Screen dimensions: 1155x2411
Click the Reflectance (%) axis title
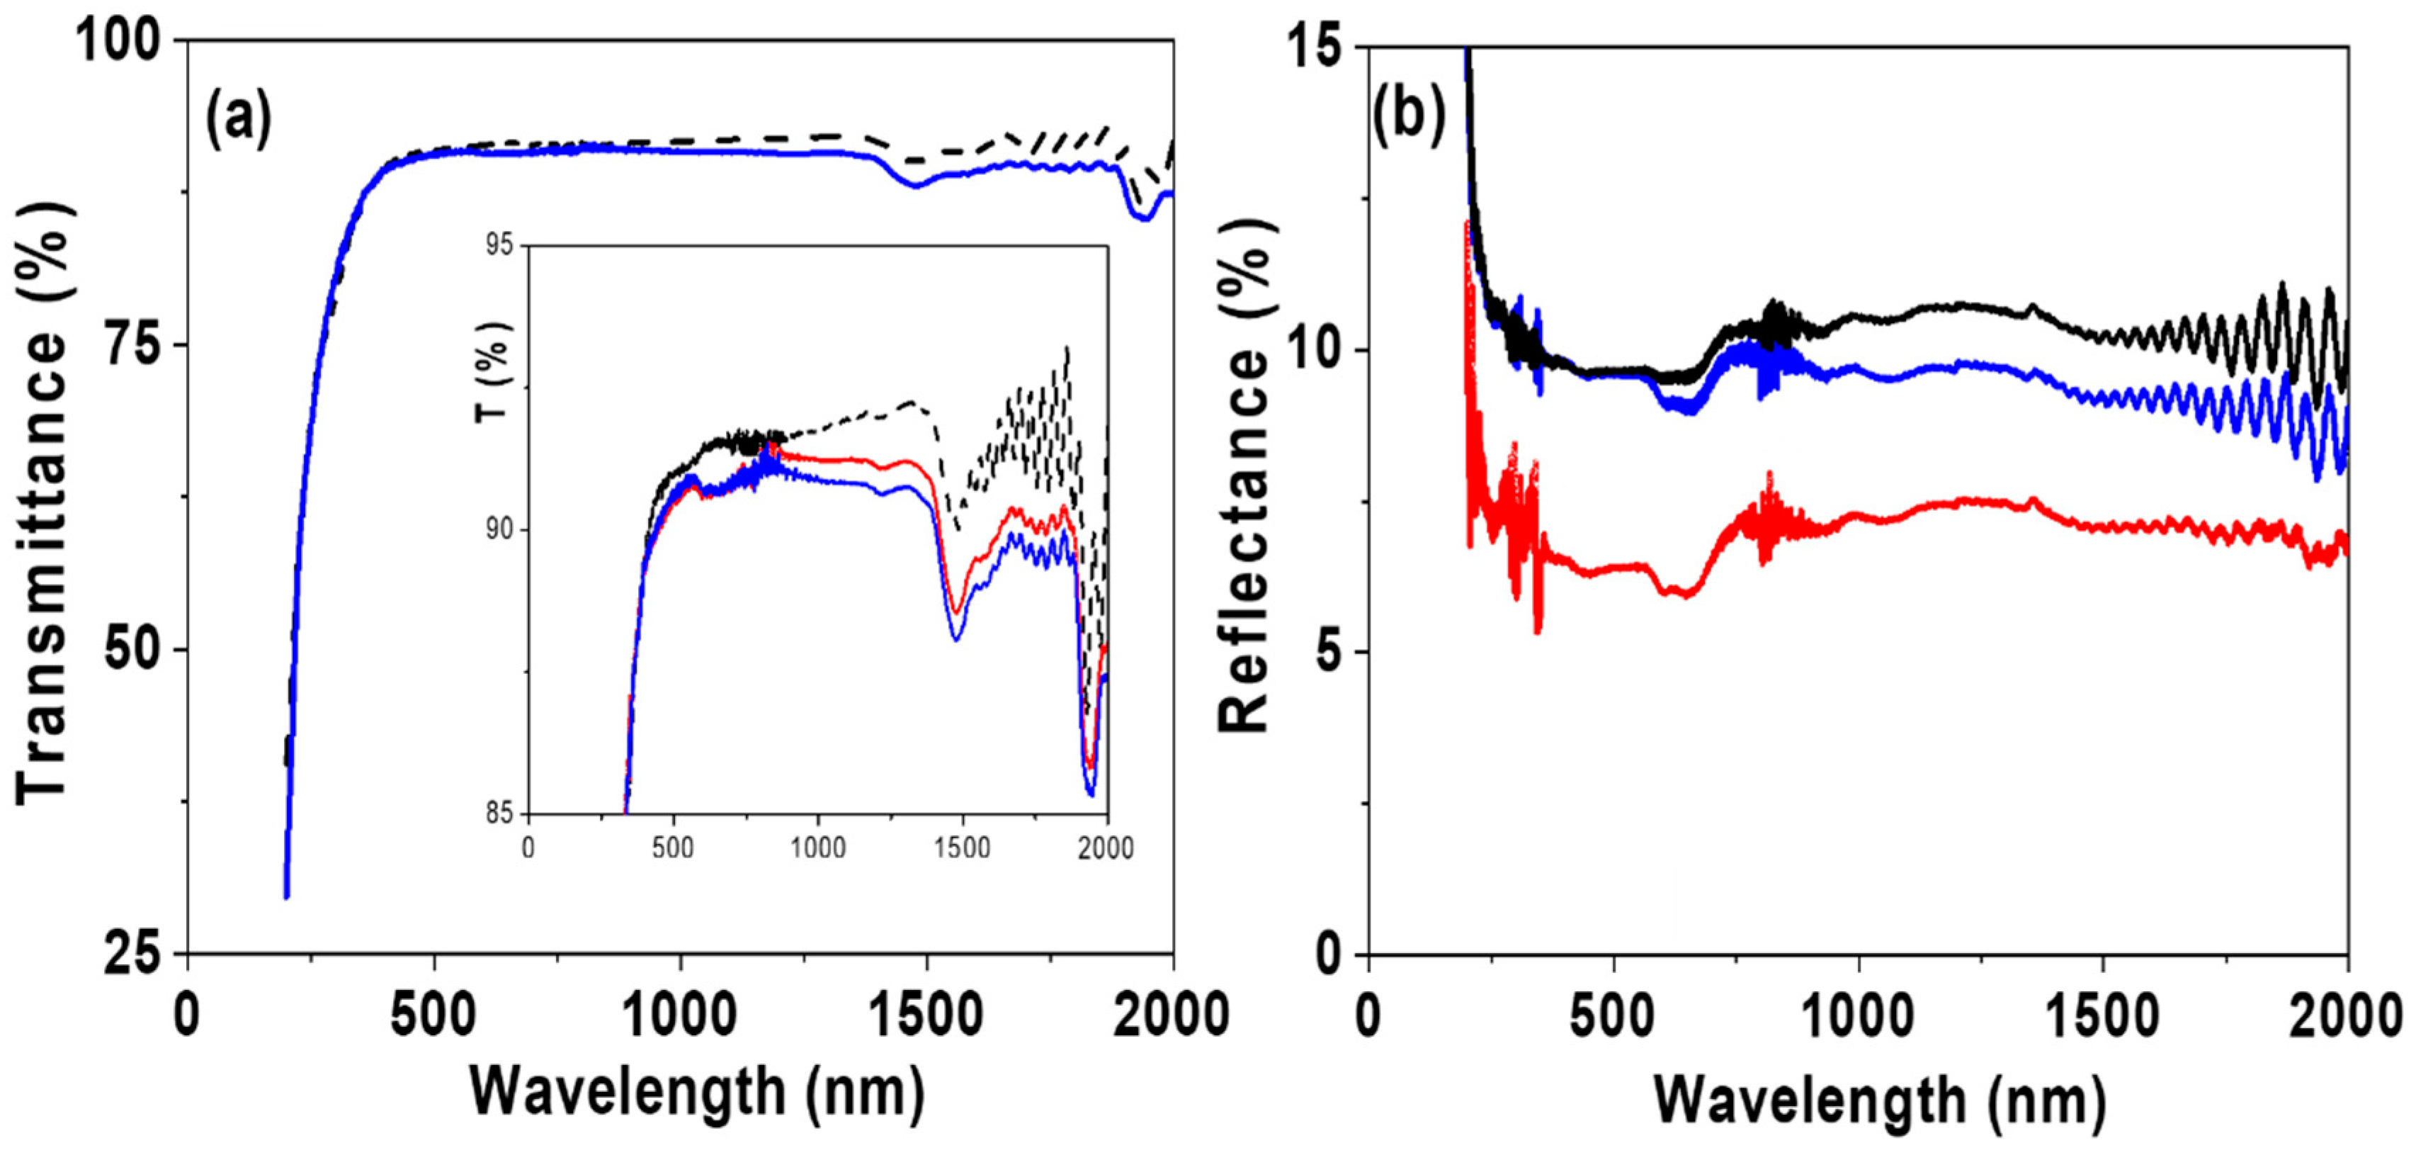coord(1245,478)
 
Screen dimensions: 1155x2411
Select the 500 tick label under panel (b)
coord(1612,1017)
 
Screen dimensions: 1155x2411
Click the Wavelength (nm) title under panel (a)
coord(697,1091)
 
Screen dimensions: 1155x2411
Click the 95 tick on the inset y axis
coord(501,245)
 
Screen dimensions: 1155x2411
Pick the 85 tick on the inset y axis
coord(501,813)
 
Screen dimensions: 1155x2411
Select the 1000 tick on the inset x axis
coord(817,848)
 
